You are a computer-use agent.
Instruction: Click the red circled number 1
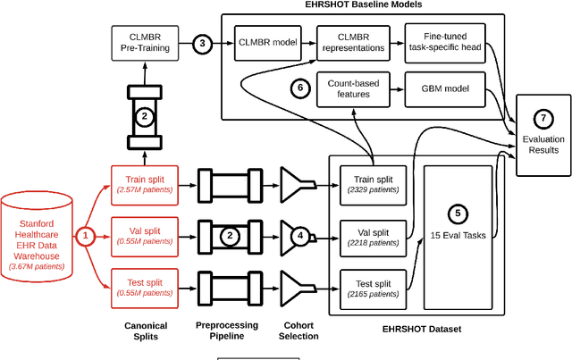(85, 237)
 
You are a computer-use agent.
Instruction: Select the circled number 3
(203, 43)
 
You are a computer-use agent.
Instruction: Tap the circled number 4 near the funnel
(300, 236)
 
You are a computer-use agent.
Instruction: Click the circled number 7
(543, 119)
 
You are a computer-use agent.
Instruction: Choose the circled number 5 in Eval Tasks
(458, 213)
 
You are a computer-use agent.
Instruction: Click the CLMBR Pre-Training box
(144, 42)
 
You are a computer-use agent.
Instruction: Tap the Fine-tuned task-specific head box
(447, 42)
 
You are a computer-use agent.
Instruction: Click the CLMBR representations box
(351, 42)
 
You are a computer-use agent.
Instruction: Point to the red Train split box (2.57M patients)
(143, 185)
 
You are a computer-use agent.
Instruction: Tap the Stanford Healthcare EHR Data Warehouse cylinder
(38, 233)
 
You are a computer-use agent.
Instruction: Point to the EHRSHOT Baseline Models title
(374, 5)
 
